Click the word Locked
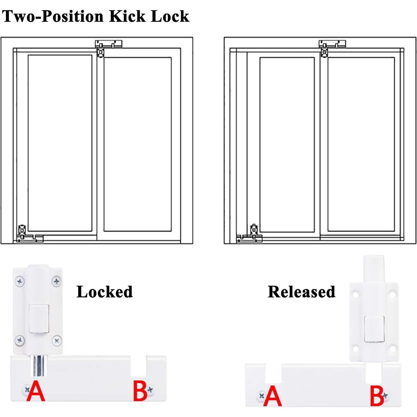click(104, 292)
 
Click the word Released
click(301, 292)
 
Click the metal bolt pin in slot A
click(39, 365)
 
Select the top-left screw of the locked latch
click(19, 281)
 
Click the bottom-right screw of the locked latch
click(57, 340)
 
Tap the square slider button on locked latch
click(39, 318)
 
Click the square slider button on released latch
click(374, 329)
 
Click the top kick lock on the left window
click(106, 47)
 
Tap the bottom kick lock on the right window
click(251, 235)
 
